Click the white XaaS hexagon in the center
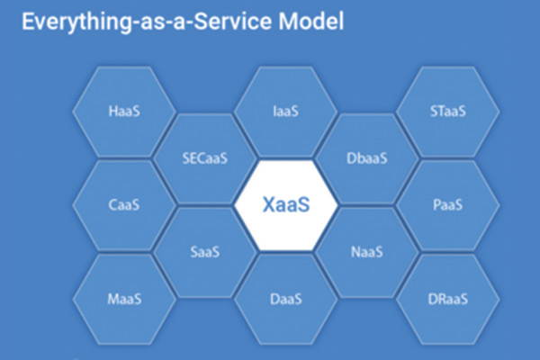(285, 204)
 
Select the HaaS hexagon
(123, 112)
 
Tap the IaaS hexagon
(285, 112)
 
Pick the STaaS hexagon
(447, 112)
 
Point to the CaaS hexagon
(123, 205)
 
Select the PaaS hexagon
(447, 205)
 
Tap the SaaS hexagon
(204, 252)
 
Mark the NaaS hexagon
(366, 252)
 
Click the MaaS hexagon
(123, 298)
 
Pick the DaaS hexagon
(285, 298)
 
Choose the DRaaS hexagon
(447, 298)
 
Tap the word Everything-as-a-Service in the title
(139, 22)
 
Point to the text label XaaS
(285, 205)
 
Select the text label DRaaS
(447, 299)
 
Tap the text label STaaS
(447, 112)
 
